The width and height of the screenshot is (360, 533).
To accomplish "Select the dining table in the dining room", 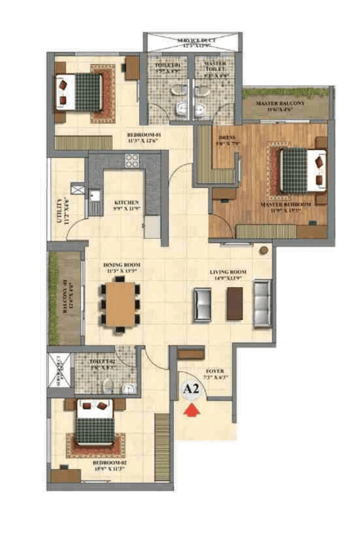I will point(120,304).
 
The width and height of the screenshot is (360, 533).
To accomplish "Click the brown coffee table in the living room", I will point(234,303).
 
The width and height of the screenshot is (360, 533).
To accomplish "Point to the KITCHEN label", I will point(126,202).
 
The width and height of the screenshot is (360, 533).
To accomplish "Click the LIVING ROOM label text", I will point(228,272).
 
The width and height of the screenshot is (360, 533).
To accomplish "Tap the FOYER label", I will point(215,371).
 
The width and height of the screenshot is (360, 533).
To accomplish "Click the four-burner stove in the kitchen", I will point(132,161).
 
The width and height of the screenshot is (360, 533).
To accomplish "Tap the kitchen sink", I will point(94,196).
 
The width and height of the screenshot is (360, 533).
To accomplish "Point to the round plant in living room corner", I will point(264,250).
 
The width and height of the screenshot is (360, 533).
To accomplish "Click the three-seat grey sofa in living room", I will point(262,303).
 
